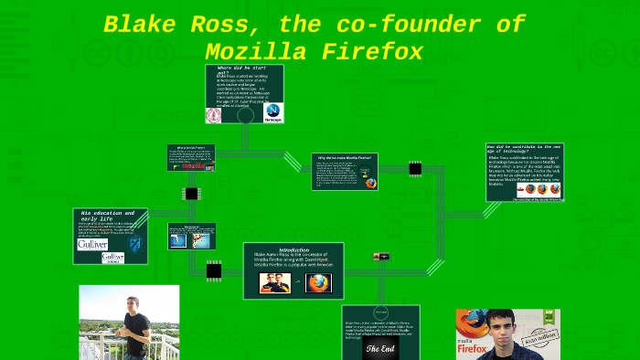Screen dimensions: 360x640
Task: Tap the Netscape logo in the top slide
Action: click(272, 112)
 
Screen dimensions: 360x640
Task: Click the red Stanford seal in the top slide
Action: click(215, 115)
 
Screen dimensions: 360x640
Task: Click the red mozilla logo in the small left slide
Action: click(194, 166)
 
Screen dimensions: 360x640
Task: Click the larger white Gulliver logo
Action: click(91, 244)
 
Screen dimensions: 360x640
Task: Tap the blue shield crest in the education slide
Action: click(135, 245)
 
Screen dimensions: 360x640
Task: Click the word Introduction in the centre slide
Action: click(293, 249)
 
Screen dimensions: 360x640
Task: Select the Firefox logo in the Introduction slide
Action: click(319, 282)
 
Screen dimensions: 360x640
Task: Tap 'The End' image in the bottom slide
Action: click(380, 348)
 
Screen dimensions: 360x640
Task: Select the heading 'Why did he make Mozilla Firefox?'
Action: click(344, 158)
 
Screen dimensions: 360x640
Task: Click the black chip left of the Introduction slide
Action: click(214, 270)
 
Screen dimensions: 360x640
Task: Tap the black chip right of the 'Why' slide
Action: click(415, 169)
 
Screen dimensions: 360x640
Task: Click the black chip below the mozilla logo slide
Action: click(192, 194)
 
